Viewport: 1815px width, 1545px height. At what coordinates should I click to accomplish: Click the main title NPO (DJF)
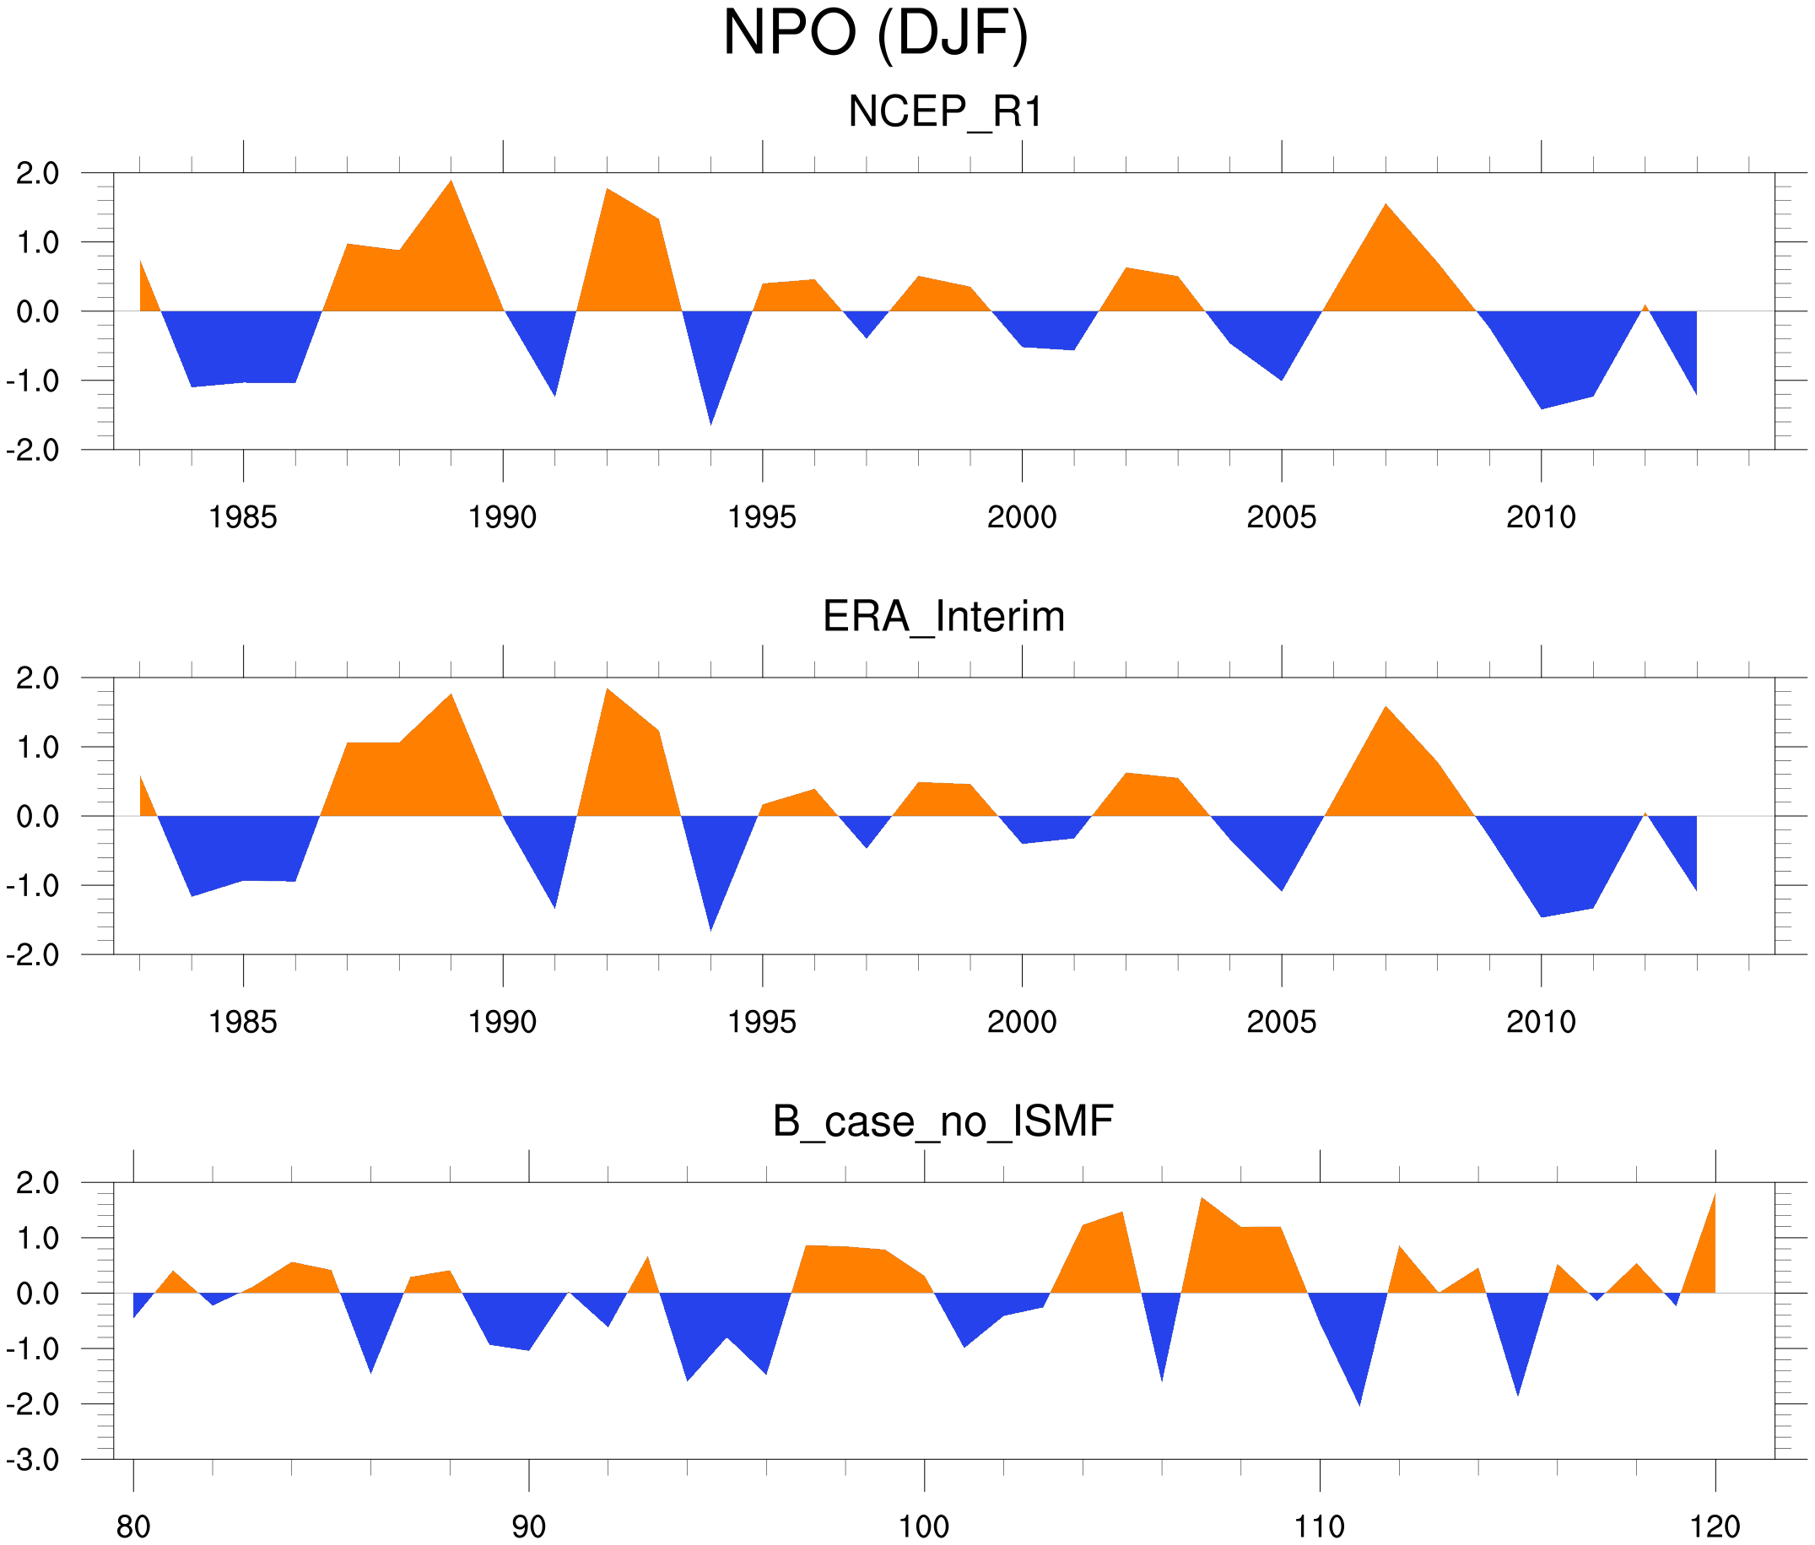pos(875,35)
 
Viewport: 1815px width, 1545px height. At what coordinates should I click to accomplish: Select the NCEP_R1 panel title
pos(945,112)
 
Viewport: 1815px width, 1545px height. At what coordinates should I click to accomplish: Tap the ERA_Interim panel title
pos(943,617)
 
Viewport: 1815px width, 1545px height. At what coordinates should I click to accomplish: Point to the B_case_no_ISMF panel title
pos(943,1121)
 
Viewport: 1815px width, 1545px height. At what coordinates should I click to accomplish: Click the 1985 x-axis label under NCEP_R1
pos(243,517)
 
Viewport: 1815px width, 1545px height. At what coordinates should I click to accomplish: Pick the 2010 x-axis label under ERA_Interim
pos(1541,1022)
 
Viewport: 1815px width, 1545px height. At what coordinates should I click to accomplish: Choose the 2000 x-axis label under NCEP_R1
pos(1021,517)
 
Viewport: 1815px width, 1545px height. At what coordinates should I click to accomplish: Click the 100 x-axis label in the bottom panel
pos(924,1527)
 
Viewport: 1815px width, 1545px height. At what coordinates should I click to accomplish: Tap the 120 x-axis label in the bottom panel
pos(1715,1527)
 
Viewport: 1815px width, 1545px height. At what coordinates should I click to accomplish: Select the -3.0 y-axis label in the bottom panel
pos(33,1460)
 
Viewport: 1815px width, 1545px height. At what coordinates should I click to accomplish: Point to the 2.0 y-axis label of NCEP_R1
pos(39,174)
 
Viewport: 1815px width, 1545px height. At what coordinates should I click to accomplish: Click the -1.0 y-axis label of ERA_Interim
pos(33,885)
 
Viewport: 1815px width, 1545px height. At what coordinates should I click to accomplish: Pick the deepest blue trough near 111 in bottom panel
pos(1359,1398)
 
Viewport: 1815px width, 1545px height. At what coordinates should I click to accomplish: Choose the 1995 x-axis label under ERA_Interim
pos(762,1022)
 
